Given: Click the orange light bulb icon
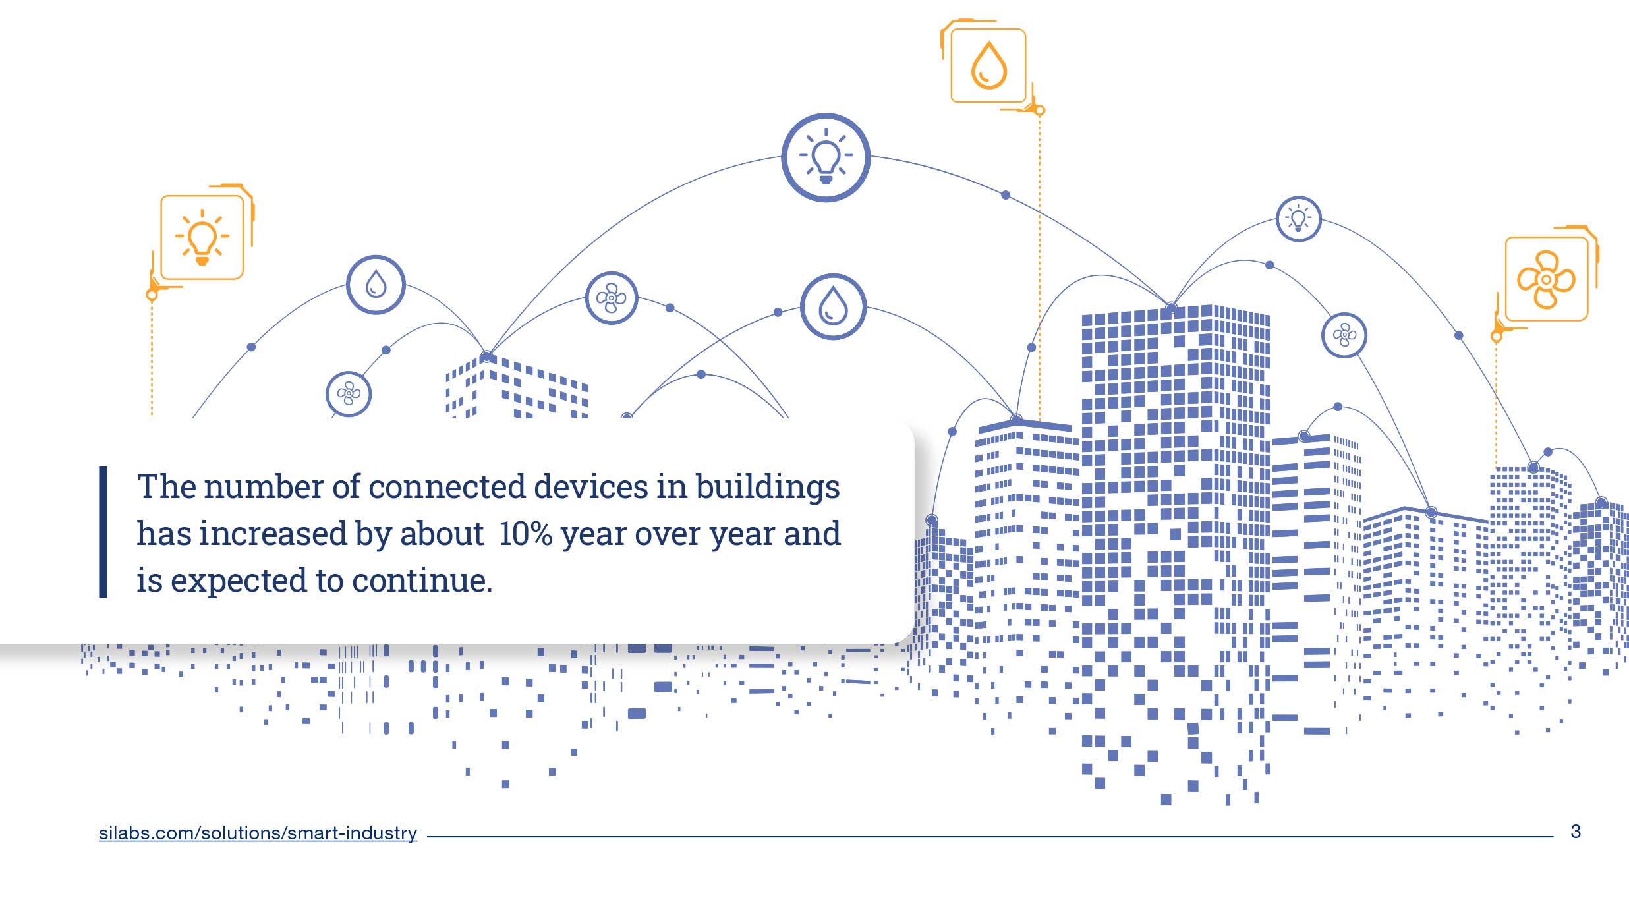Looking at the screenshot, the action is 202,237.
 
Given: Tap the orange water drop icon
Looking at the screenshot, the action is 988,65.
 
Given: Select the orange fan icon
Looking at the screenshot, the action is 1546,279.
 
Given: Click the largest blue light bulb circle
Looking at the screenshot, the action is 826,157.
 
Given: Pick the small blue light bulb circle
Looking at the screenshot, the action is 1298,219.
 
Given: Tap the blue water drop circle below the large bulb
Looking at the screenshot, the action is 833,306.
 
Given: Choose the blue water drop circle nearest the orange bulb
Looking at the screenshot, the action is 376,285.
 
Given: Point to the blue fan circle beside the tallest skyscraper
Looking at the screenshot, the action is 1344,335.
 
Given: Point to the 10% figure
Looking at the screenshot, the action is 525,534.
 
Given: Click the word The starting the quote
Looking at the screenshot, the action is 167,487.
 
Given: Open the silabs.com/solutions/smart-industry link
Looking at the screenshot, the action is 258,833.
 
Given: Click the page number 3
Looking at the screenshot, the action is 1575,832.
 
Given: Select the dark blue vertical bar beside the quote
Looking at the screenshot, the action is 103,532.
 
